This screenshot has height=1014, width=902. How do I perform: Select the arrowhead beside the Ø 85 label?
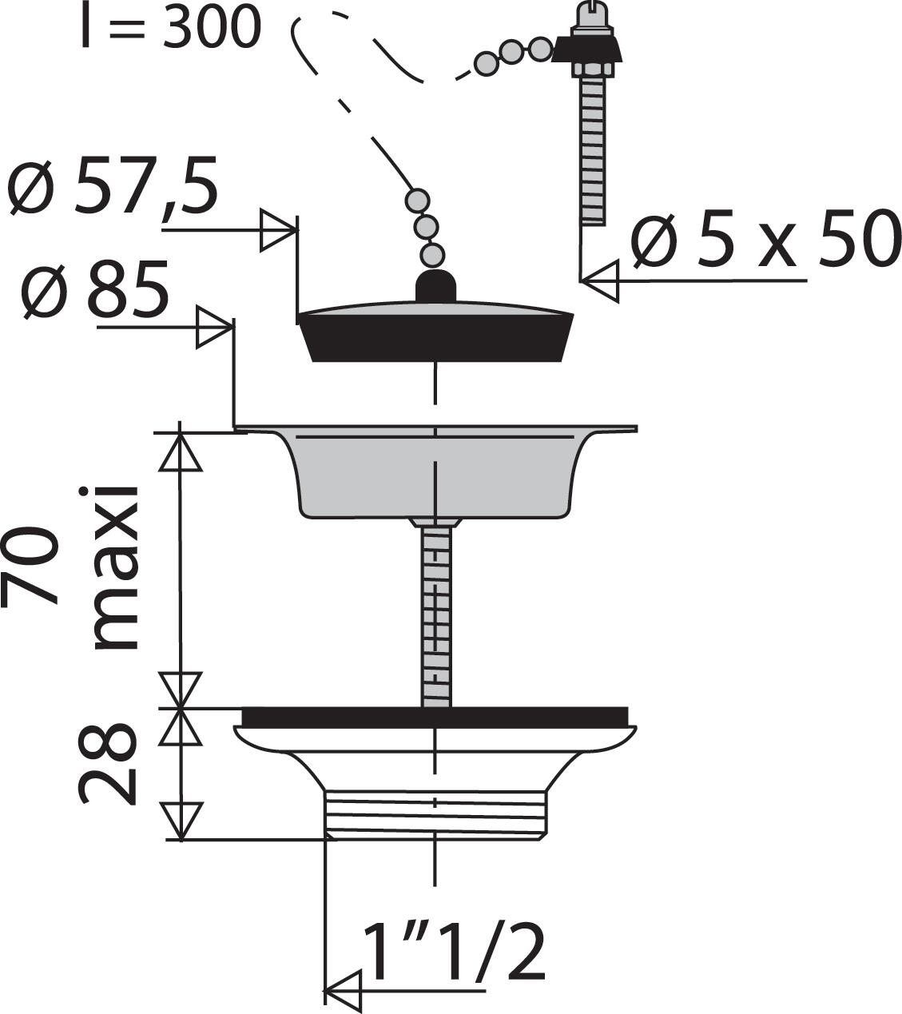(x=215, y=328)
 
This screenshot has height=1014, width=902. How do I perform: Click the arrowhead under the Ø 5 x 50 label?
(x=599, y=280)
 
